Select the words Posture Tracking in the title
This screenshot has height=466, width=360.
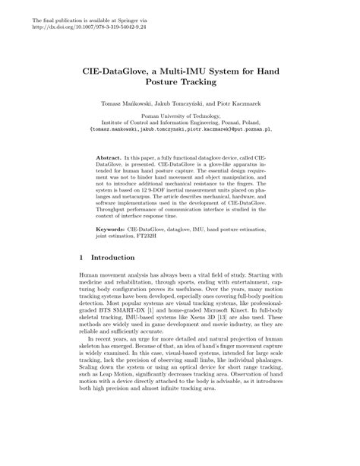179,81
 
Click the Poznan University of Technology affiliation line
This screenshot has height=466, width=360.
179,115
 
